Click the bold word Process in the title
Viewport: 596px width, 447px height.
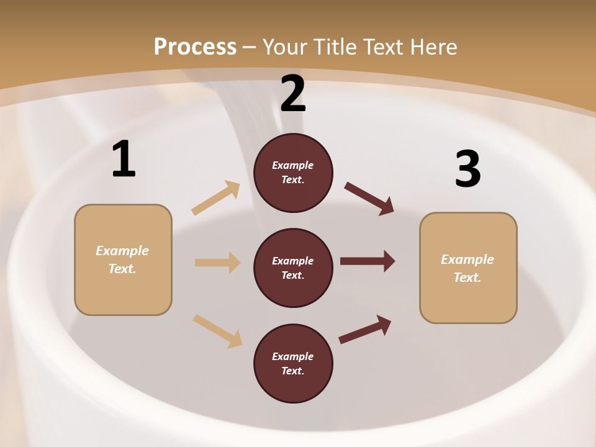click(195, 47)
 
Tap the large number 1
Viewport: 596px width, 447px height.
click(124, 160)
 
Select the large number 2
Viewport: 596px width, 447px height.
click(293, 94)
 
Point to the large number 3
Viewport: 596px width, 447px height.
click(467, 169)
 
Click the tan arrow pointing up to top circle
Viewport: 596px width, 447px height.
click(216, 198)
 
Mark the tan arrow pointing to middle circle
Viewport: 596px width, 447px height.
click(217, 263)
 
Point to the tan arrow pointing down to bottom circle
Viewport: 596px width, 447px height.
click(217, 331)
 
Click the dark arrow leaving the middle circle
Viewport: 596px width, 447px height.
click(368, 261)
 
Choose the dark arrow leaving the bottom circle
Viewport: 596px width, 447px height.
click(365, 329)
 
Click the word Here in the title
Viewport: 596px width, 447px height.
click(434, 47)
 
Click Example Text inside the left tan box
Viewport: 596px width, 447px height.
click(122, 260)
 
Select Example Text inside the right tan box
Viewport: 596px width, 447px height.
click(467, 268)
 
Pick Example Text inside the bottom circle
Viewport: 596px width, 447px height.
click(293, 363)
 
